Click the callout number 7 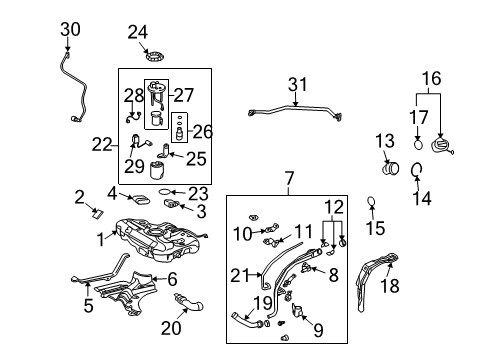tap(289, 180)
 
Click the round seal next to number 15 tap(371, 205)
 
